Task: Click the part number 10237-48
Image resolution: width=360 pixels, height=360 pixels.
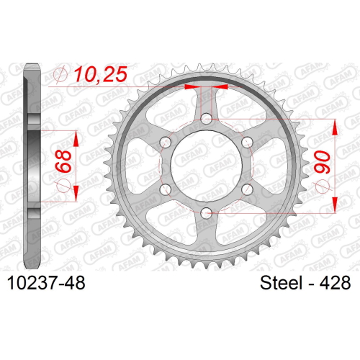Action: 46,282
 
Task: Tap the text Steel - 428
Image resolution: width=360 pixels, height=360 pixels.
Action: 305,282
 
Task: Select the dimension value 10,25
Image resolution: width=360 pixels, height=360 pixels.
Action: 100,74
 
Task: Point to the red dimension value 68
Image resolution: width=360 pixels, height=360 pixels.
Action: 63,161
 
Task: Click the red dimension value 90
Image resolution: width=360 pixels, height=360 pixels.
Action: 322,162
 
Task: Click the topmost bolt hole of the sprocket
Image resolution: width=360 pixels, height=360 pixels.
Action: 207,118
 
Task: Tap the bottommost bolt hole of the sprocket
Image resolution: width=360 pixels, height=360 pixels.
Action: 207,212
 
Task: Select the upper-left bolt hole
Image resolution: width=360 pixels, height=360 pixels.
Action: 166,142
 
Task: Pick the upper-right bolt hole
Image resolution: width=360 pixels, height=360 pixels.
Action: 248,142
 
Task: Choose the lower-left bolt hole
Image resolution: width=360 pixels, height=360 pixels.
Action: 166,189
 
